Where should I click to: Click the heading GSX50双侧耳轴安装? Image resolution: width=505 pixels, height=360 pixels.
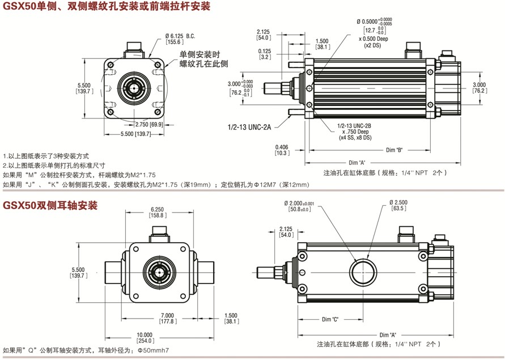click(x=51, y=205)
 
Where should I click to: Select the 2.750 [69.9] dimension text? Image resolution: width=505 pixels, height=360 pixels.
click(x=148, y=124)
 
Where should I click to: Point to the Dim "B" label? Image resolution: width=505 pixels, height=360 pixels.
click(x=393, y=150)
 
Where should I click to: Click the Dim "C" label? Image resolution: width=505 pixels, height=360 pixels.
click(x=330, y=320)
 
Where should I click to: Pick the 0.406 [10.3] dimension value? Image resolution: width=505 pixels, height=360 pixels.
click(x=282, y=150)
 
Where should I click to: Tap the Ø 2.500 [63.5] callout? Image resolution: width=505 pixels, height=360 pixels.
click(x=398, y=205)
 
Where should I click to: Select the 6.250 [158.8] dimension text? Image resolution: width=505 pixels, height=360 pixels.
click(x=158, y=212)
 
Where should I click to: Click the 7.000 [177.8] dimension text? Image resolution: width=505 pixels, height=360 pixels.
click(x=167, y=319)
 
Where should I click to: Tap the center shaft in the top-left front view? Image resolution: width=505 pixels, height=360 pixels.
click(x=134, y=89)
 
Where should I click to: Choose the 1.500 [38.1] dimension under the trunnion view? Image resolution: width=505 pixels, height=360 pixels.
click(x=231, y=319)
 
